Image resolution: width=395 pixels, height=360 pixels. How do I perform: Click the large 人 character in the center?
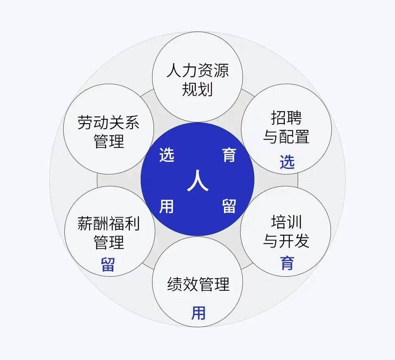tap(197, 181)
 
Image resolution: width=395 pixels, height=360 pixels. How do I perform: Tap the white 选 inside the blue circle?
tap(167, 155)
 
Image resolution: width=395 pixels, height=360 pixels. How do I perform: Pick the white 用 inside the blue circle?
tap(167, 206)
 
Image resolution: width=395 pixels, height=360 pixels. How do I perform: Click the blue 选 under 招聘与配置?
tap(287, 162)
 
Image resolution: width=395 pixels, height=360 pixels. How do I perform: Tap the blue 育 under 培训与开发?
tap(287, 263)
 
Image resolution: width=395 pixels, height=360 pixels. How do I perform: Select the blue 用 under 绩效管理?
tap(198, 313)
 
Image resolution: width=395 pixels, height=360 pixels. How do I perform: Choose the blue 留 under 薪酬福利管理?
tap(108, 264)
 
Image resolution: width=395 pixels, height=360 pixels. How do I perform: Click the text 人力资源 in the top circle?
tap(197, 71)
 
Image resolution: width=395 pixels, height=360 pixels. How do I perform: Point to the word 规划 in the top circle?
tap(197, 90)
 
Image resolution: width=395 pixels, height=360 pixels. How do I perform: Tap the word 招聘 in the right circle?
tap(286, 118)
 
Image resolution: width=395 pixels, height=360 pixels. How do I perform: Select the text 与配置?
tap(286, 137)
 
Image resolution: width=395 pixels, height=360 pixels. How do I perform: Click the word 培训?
tap(286, 222)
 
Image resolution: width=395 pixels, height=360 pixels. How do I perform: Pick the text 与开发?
tap(286, 240)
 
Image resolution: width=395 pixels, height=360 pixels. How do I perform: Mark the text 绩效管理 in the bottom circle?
tap(198, 285)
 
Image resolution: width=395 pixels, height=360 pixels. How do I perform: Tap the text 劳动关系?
tap(109, 123)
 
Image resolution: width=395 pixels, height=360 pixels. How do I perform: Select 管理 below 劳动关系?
tap(109, 141)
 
